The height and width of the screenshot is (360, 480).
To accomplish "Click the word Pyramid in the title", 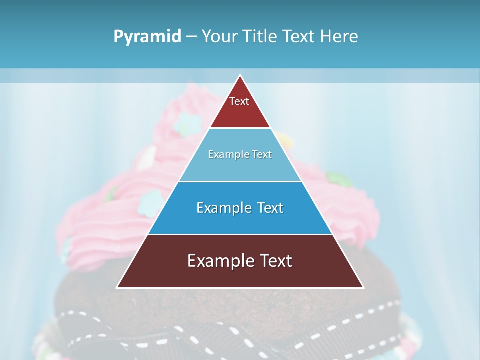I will pyautogui.click(x=147, y=37).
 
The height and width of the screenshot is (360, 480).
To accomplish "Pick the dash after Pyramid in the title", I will pyautogui.click(x=191, y=37).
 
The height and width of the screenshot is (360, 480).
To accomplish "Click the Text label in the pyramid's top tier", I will pyautogui.click(x=239, y=101).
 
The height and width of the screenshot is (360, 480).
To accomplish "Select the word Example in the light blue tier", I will pyautogui.click(x=228, y=155).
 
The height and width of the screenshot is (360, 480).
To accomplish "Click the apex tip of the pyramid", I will pyautogui.click(x=240, y=76).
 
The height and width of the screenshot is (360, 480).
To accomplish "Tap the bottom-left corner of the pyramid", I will pyautogui.click(x=117, y=287).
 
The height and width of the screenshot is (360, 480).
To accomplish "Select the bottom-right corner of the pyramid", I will pyautogui.click(x=363, y=287).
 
